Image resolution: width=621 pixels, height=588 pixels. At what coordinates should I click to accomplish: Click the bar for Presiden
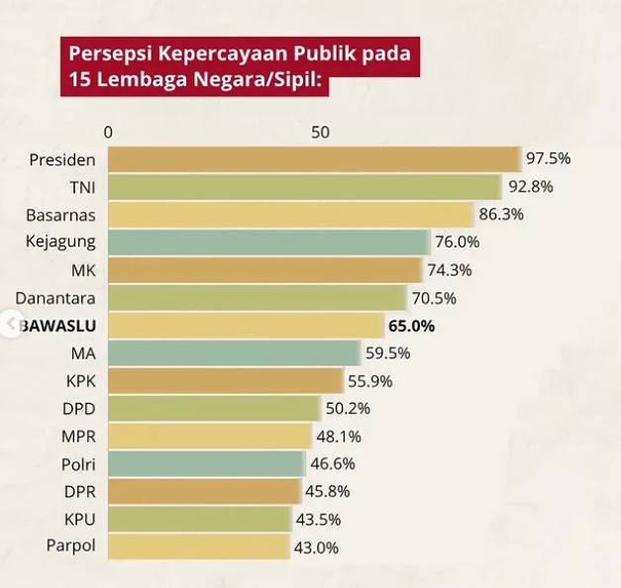tap(314, 159)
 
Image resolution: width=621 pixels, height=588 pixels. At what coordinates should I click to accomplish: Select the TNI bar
tap(304, 187)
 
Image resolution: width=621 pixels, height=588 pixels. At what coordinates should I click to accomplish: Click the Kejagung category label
tap(61, 242)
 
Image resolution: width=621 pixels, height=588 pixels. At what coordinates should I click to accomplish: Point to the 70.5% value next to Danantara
tap(435, 297)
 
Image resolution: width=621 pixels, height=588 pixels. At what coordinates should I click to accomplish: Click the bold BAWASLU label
tap(61, 325)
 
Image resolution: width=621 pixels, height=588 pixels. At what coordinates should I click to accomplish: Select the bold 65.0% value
tap(411, 325)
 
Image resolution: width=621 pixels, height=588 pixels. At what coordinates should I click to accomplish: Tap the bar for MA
tap(234, 352)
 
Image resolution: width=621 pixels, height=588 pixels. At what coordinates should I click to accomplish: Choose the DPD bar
tap(214, 408)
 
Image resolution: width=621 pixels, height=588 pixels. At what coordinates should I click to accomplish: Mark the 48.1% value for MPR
tap(340, 436)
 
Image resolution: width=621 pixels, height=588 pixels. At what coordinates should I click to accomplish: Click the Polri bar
tap(206, 463)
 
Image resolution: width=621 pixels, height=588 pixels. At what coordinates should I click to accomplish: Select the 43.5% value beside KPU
tap(318, 519)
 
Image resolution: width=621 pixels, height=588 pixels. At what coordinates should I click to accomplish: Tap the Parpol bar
tap(199, 546)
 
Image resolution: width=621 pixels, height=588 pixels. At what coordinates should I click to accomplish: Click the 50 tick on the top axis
tap(319, 133)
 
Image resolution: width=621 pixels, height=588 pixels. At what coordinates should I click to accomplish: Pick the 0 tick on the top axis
tap(108, 133)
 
